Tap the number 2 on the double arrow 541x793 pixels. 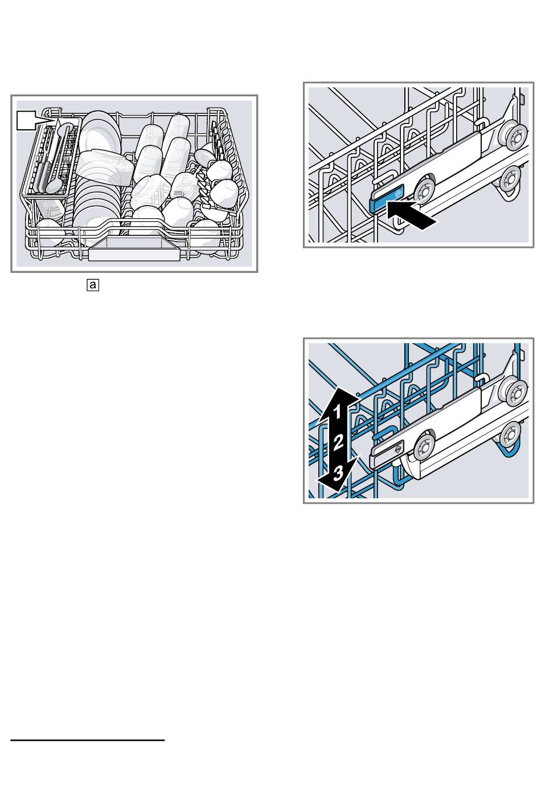pos(338,441)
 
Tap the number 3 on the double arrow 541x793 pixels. pos(338,471)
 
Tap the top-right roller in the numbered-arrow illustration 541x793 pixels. pos(515,393)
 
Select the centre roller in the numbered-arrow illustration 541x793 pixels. pos(424,447)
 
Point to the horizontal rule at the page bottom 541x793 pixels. pos(87,741)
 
